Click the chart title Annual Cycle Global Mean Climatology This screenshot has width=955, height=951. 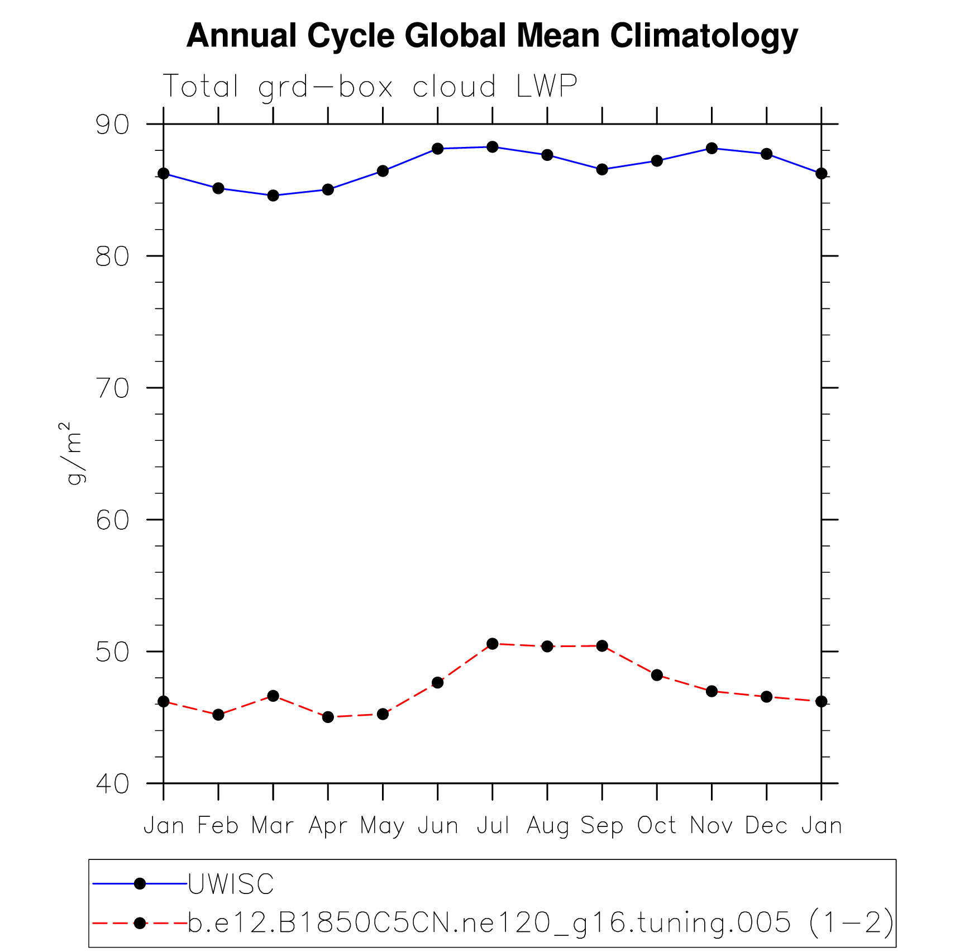point(492,36)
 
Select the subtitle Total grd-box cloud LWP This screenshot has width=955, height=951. point(370,87)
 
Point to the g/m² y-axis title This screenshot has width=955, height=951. point(73,453)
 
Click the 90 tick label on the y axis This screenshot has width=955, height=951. point(112,125)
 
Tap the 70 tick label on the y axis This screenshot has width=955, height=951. point(112,388)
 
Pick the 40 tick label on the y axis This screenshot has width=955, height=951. point(112,783)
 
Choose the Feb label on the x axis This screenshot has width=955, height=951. point(218,825)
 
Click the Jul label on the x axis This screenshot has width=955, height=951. point(493,825)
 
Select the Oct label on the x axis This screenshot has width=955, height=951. point(657,825)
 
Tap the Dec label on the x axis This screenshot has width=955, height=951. point(766,825)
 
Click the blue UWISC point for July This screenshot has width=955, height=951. point(492,147)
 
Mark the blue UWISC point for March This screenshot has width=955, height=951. point(273,196)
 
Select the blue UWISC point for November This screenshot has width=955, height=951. point(712,148)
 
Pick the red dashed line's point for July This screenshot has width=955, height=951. point(492,644)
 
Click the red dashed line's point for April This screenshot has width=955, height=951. point(328,717)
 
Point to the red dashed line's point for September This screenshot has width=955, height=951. point(602,646)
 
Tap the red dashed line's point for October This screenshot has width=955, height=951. point(657,675)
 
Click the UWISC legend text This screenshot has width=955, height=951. point(231,884)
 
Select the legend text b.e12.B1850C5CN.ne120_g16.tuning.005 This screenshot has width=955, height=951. point(489,923)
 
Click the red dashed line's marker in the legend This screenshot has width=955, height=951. point(140,923)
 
